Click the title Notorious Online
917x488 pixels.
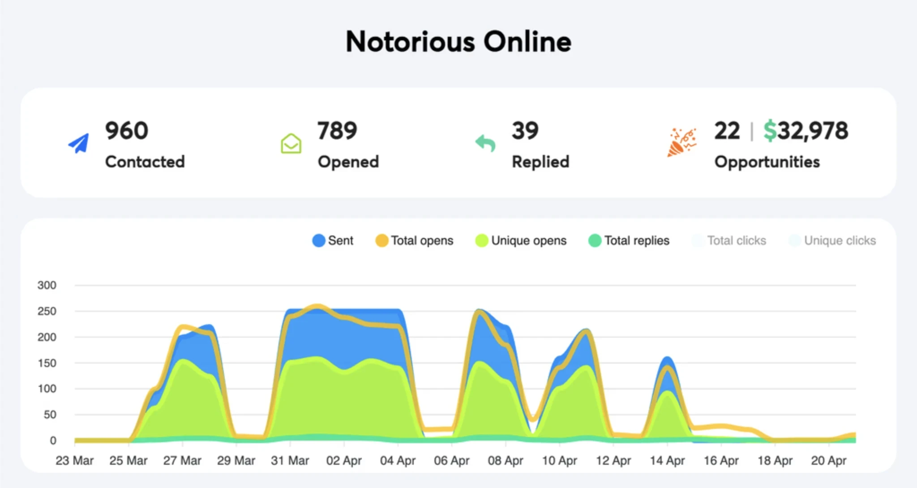458,42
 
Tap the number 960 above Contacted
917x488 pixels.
127,131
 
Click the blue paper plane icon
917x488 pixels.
79,143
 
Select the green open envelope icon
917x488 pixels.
291,143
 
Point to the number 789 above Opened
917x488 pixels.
337,131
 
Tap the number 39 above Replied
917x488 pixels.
525,131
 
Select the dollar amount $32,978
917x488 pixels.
806,131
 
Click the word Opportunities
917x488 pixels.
767,162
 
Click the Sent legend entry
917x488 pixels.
333,240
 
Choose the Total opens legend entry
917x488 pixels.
414,240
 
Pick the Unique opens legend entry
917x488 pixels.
521,240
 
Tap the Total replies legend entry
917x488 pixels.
629,240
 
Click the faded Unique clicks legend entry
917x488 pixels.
832,240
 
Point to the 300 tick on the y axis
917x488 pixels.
47,285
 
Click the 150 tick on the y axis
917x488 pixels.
47,363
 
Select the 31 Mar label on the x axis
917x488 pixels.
290,460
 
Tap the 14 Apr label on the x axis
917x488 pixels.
667,460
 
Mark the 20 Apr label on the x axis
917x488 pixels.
828,460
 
